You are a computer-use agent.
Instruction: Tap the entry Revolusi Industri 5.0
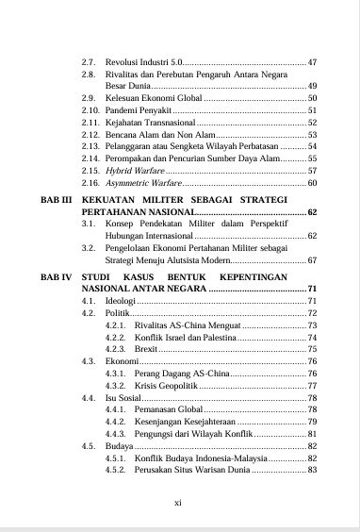[x=140, y=62]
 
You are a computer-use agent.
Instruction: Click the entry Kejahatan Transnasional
[x=150, y=123]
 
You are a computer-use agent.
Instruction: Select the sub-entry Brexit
[x=144, y=348]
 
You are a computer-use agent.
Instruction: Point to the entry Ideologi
[x=123, y=299]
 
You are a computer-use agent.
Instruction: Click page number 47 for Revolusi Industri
[x=312, y=62]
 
